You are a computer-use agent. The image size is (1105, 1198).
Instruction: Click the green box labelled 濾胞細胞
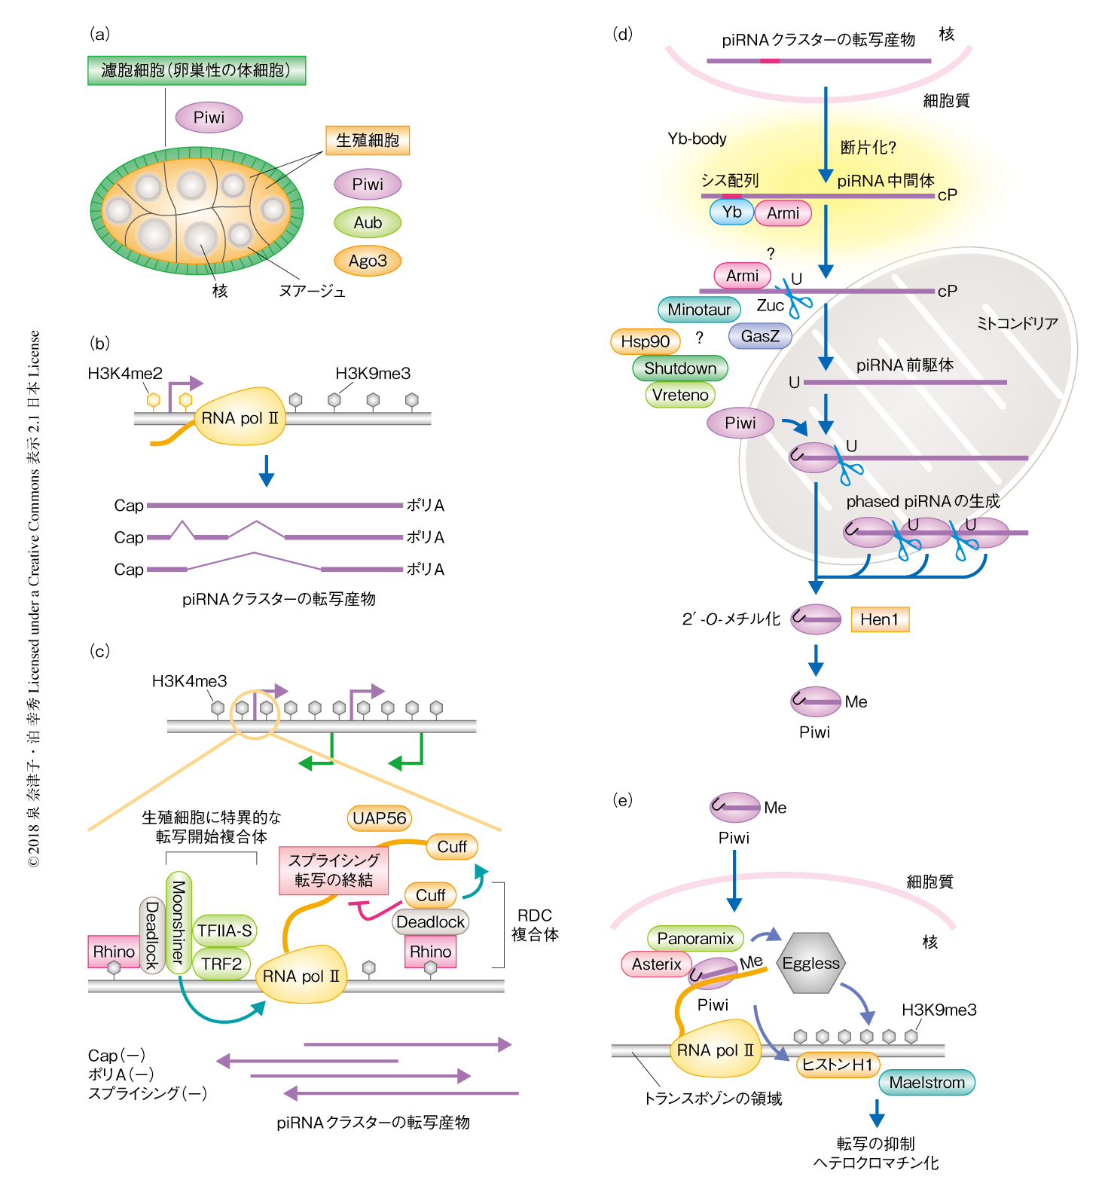197,70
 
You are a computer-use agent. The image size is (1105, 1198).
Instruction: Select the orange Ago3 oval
368,261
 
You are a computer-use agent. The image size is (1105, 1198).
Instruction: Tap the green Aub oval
368,222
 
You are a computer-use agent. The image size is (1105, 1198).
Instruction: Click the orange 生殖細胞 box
368,140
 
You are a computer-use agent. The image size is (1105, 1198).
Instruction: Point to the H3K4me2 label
125,373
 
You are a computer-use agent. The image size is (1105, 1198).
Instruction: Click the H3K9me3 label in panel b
373,373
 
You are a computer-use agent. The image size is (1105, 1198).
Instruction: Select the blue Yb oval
731,212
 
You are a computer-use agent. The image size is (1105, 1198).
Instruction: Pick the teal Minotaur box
699,310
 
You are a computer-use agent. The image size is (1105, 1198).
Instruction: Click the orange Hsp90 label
646,341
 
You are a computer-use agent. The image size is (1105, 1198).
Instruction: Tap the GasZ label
760,336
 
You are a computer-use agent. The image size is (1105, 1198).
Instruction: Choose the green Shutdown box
680,368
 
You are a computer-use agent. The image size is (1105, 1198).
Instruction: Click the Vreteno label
680,395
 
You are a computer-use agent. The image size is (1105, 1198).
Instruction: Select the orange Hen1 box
880,619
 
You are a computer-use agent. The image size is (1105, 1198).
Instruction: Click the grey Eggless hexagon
810,964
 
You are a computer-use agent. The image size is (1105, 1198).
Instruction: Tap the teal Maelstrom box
926,1083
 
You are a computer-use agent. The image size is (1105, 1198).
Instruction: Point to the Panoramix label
695,939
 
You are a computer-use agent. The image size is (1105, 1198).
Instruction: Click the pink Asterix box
656,964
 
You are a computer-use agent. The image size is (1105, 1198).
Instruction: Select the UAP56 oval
380,818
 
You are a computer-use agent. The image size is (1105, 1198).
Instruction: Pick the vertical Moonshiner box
179,922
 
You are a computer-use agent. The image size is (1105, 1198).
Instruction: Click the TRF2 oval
221,964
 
